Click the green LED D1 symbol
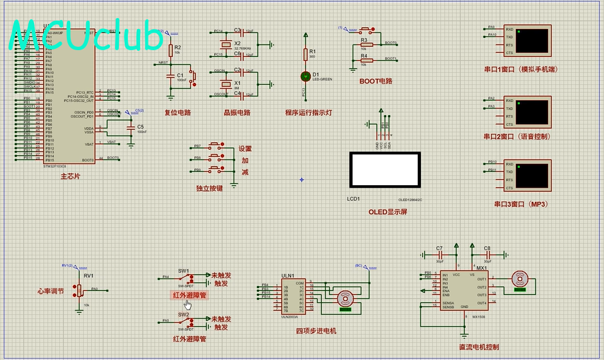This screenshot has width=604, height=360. pyautogui.click(x=306, y=76)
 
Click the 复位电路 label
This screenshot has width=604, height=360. pyautogui.click(x=178, y=113)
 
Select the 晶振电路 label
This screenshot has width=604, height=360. pyautogui.click(x=236, y=113)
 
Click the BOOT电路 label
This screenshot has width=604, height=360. pyautogui.click(x=376, y=81)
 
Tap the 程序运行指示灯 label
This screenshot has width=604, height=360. pyautogui.click(x=308, y=113)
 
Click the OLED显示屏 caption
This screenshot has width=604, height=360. pyautogui.click(x=387, y=212)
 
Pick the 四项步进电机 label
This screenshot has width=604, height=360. pyautogui.click(x=316, y=331)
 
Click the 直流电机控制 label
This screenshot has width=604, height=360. pyautogui.click(x=479, y=347)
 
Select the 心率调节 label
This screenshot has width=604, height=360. pyautogui.click(x=51, y=291)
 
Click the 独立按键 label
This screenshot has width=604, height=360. pyautogui.click(x=209, y=188)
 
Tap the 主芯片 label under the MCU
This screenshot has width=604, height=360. pyautogui.click(x=70, y=175)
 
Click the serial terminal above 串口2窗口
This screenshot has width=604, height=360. pyautogui.click(x=533, y=112)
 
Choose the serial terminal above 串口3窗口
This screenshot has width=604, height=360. pyautogui.click(x=533, y=174)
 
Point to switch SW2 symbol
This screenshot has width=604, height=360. pyautogui.click(x=185, y=321)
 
